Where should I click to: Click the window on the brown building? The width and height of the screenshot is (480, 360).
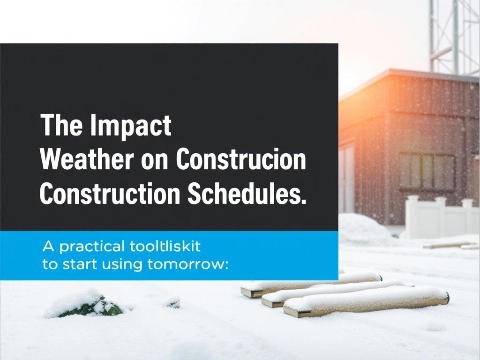(427, 171)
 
